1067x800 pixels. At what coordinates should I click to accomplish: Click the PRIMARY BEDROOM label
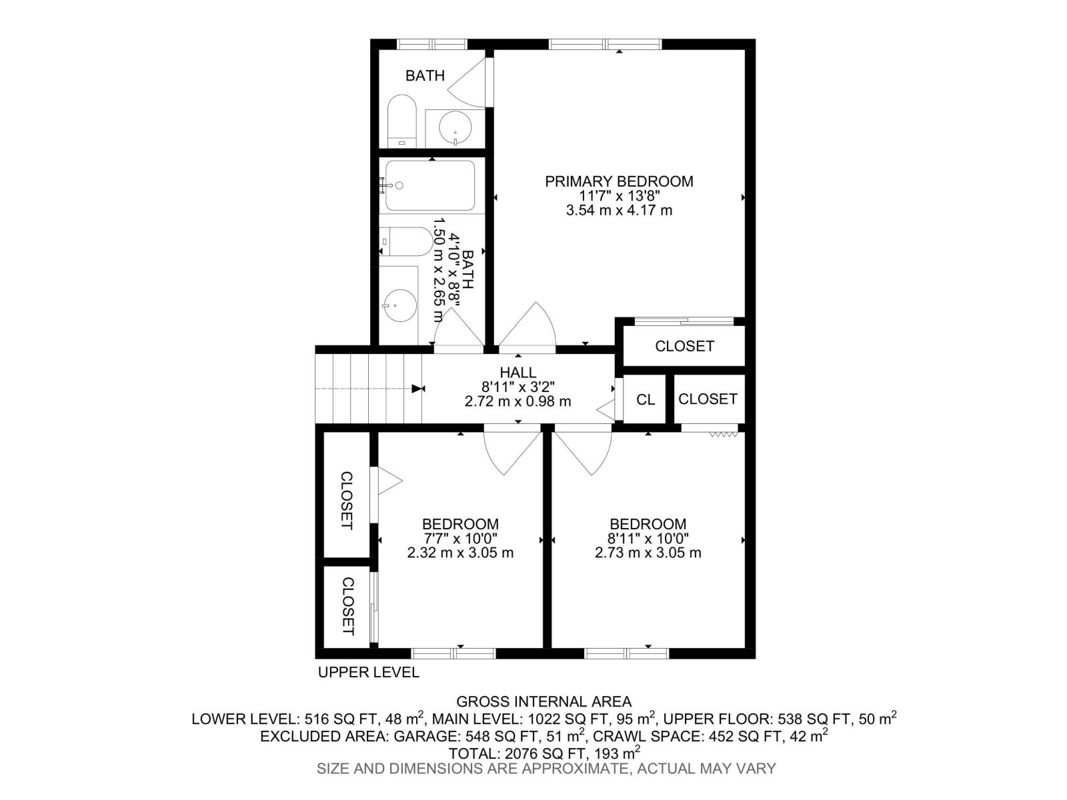pyautogui.click(x=619, y=181)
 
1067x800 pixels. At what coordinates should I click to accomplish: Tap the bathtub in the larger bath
pyautogui.click(x=431, y=186)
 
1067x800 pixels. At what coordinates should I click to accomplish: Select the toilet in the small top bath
pyautogui.click(x=402, y=122)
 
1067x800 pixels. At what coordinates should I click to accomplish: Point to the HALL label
pyautogui.click(x=517, y=373)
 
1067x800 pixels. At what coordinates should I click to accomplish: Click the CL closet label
pyautogui.click(x=645, y=399)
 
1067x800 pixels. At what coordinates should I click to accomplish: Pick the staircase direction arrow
pyautogui.click(x=418, y=389)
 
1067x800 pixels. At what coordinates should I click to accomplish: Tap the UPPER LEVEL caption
pyautogui.click(x=368, y=672)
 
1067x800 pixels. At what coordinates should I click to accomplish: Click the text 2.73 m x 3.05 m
pyautogui.click(x=648, y=553)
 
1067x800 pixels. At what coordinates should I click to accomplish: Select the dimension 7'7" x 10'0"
pyautogui.click(x=460, y=539)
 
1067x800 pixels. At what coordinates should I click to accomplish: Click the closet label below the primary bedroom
pyautogui.click(x=684, y=346)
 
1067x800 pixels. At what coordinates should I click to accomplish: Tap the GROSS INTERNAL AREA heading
pyautogui.click(x=544, y=701)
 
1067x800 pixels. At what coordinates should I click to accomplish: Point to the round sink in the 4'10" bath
pyautogui.click(x=399, y=306)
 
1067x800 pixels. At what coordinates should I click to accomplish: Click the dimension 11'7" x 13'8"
pyautogui.click(x=619, y=196)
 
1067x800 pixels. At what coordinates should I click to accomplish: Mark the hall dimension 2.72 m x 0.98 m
pyautogui.click(x=517, y=401)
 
